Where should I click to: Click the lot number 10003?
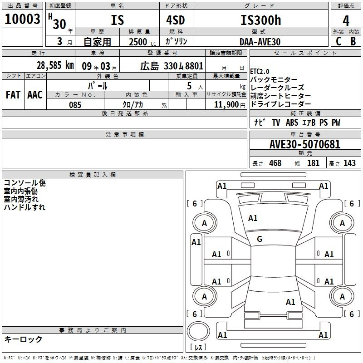22,19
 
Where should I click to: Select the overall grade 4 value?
346,21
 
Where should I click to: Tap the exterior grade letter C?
338,41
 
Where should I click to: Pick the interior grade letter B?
353,41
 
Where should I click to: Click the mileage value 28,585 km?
55,65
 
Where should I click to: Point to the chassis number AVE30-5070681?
305,144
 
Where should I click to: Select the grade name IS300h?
261,20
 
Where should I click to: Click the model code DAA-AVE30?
260,42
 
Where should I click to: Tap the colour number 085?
75,105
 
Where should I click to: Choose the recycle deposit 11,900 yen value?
230,105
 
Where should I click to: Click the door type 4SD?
176,20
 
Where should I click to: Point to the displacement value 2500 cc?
142,42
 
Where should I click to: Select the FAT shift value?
13,95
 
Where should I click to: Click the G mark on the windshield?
260,239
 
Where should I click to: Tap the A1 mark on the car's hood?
253,218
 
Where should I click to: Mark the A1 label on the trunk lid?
290,302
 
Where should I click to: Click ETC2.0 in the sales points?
260,71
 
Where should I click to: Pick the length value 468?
275,163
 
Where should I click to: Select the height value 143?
349,163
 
